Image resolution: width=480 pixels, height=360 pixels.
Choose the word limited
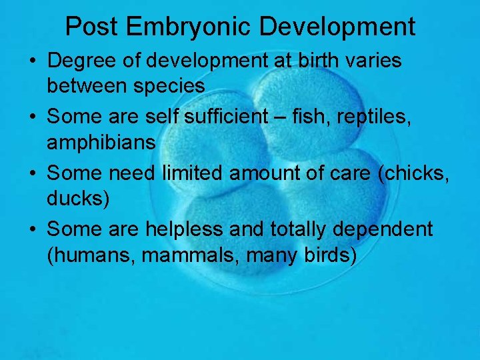point(193,173)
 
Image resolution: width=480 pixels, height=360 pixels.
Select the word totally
point(299,229)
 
